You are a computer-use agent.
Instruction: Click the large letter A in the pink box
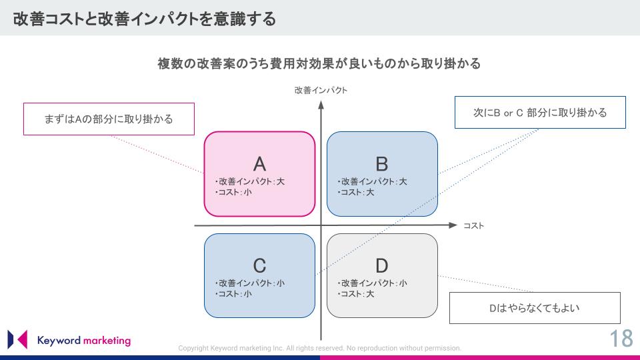click(259, 164)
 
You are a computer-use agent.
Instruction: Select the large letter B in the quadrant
click(381, 164)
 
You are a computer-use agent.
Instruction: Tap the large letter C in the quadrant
click(259, 266)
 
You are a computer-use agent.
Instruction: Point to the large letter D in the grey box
click(381, 266)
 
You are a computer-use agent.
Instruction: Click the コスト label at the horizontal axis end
click(473, 226)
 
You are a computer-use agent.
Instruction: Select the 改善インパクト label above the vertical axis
click(321, 90)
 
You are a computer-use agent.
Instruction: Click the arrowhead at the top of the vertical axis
click(321, 105)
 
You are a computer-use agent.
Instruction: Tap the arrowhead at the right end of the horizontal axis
click(453, 225)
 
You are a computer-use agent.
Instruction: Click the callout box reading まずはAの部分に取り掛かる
click(109, 119)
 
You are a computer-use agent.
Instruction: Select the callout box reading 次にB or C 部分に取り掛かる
click(540, 112)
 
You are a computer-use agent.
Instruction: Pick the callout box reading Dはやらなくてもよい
click(535, 308)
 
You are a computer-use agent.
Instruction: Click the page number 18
click(621, 339)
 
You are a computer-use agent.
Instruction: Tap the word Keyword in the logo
click(59, 341)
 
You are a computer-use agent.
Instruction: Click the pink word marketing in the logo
click(107, 341)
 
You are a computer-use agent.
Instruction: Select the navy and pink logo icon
click(17, 339)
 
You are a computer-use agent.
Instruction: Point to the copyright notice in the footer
click(319, 348)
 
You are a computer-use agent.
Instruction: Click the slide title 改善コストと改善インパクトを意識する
click(145, 19)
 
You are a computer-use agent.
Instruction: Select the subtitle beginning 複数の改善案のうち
click(319, 64)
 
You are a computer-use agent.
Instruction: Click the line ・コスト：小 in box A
click(233, 192)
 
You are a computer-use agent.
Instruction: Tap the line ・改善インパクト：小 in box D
click(372, 283)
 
